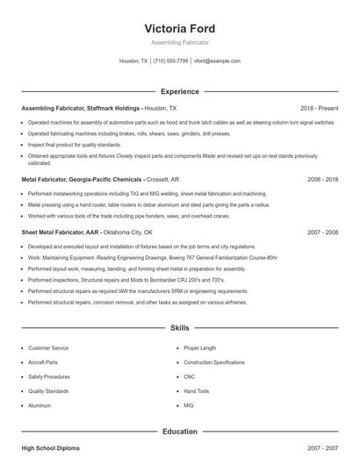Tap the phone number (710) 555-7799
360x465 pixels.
[170, 61]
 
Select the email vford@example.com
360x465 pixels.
[217, 61]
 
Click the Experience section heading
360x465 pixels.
[179, 91]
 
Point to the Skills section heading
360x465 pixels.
[179, 327]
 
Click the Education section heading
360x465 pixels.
[179, 432]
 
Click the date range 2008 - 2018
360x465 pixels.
[322, 178]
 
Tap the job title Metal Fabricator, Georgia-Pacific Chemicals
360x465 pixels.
[80, 178]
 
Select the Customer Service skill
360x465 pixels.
[48, 347]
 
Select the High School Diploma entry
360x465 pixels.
[50, 448]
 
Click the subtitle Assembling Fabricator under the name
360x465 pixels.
[179, 42]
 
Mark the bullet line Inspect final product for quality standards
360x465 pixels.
[74, 143]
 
